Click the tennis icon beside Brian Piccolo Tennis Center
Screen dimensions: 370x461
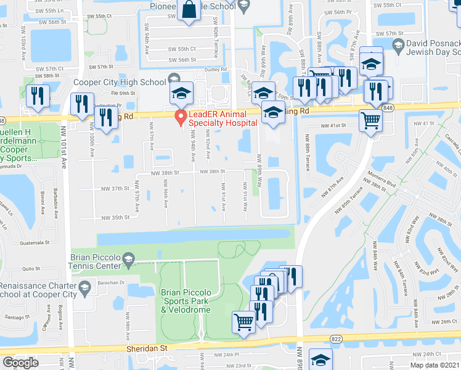coord(128,258)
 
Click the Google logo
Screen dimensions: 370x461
coord(20,363)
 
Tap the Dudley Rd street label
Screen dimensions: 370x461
coord(215,70)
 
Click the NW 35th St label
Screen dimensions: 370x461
coord(118,217)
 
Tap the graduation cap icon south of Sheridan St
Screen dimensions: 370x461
coord(320,360)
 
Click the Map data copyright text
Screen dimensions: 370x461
coord(434,364)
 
